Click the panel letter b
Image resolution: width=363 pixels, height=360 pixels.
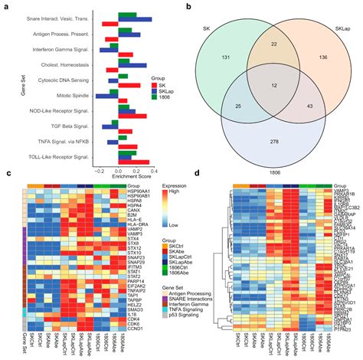point(188,7)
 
